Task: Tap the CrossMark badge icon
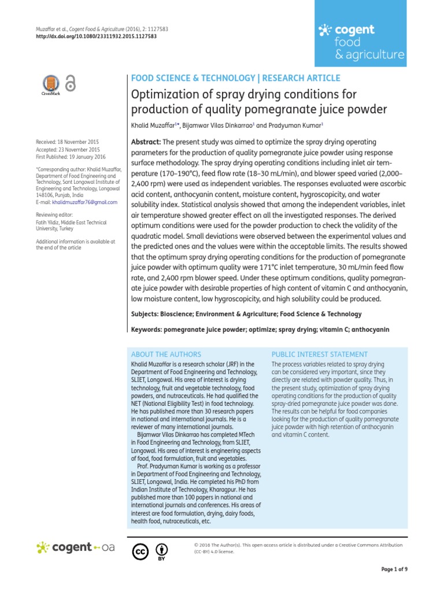(50, 84)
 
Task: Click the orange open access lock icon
(71, 83)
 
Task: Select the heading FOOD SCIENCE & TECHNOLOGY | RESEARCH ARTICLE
(236, 78)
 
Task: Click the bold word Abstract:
(147, 142)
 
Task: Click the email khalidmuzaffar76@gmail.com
(84, 203)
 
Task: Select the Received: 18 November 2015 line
(67, 142)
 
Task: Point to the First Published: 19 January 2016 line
(71, 157)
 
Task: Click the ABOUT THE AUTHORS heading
(166, 354)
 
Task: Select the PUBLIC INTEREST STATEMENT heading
(319, 354)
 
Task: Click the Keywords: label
(147, 329)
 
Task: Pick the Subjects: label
(146, 314)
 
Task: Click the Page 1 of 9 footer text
(394, 569)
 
